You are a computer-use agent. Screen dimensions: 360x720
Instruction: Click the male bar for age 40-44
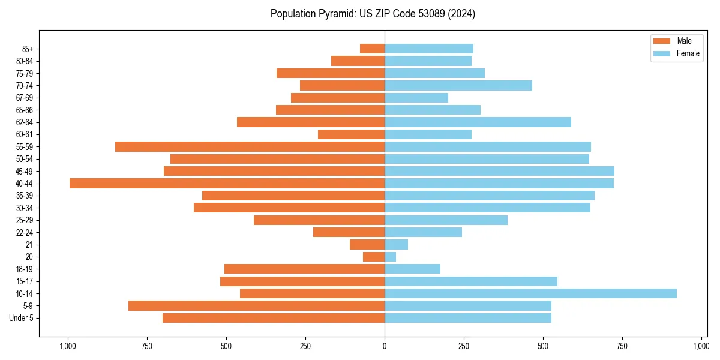227,184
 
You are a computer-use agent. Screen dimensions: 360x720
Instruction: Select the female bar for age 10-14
530,293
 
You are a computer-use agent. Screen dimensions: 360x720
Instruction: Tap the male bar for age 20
374,257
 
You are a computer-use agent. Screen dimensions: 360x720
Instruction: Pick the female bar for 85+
429,49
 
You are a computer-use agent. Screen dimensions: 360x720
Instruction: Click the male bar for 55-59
250,146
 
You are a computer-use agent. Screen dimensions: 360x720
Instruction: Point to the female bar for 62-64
478,122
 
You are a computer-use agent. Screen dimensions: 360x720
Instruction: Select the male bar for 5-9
256,306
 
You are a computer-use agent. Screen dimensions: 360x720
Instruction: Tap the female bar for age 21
396,245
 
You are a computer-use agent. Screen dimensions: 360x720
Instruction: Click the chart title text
373,14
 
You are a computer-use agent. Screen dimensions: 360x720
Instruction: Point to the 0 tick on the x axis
385,346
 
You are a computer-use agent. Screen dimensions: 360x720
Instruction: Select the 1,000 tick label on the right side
701,346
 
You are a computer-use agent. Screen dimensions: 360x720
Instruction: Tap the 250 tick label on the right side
464,346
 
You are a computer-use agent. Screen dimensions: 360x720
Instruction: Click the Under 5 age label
21,318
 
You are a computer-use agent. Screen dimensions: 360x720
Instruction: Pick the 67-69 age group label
24,98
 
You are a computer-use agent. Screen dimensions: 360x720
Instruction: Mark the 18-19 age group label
24,269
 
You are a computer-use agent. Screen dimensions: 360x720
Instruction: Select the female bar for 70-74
458,86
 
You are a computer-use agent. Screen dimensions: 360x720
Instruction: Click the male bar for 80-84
358,61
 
